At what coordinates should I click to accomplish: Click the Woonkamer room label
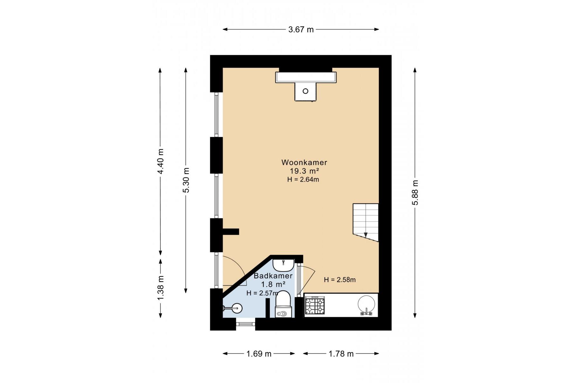tap(304, 162)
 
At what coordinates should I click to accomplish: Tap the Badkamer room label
tap(273, 276)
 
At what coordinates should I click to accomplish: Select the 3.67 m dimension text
tap(301, 30)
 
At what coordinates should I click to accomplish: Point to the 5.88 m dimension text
tap(415, 192)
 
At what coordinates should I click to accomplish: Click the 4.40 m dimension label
tap(160, 161)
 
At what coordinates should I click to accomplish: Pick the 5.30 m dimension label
tap(186, 180)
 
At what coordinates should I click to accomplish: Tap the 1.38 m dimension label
tap(160, 288)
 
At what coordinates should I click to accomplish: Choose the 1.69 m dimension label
tap(259, 354)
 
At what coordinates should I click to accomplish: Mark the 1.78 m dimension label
tap(341, 354)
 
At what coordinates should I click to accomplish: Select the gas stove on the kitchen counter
tap(315, 305)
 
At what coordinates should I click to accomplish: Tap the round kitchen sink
tap(367, 305)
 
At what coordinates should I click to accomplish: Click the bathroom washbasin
tap(283, 264)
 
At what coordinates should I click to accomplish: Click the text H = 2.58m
tap(340, 280)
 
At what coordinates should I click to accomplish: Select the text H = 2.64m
tap(303, 179)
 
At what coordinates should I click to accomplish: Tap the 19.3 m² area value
tap(304, 171)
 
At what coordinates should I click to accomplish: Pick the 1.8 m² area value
tap(273, 284)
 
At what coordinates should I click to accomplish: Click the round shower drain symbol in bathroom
tap(237, 308)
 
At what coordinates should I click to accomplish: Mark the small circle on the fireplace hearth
tap(306, 91)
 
